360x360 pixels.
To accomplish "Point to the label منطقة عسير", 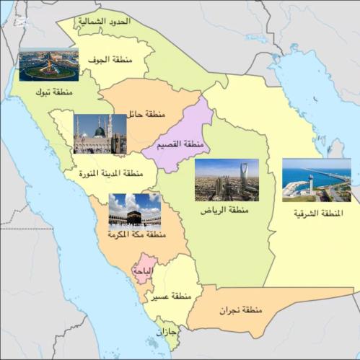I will [x=171, y=297].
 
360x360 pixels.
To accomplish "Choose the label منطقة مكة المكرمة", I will [x=136, y=237].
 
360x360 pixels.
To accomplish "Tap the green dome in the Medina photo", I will [x=100, y=131].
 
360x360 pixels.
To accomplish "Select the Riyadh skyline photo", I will [x=226, y=180].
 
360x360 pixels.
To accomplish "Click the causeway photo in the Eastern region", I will [x=316, y=180].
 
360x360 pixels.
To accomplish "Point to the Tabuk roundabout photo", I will [x=48, y=65].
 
